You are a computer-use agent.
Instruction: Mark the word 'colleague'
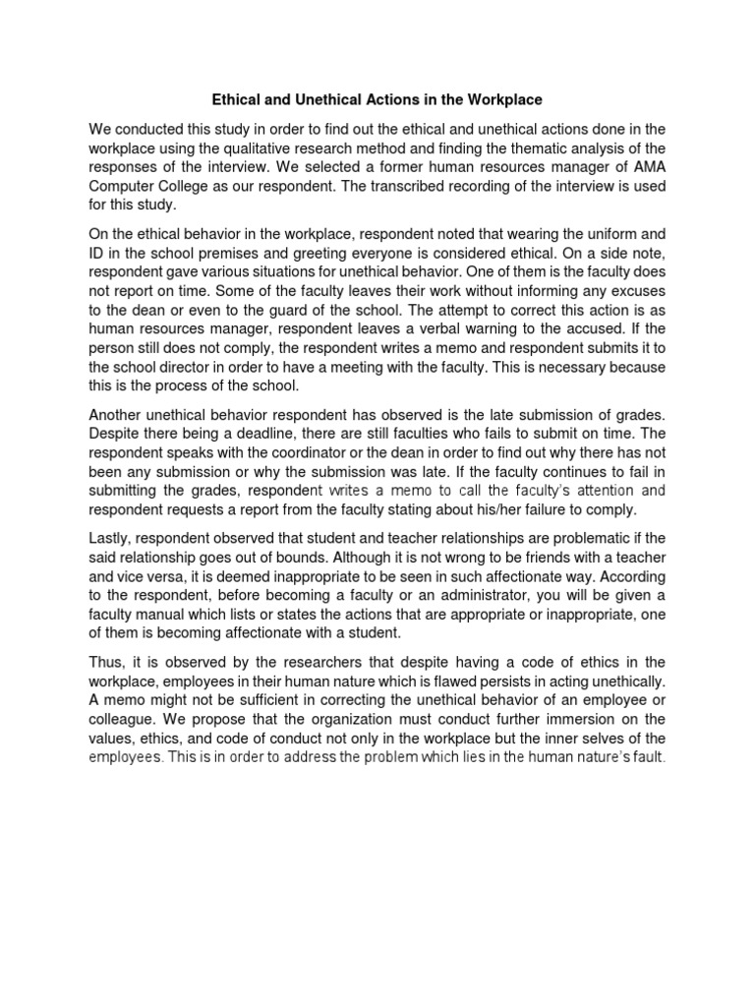tap(125, 719)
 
